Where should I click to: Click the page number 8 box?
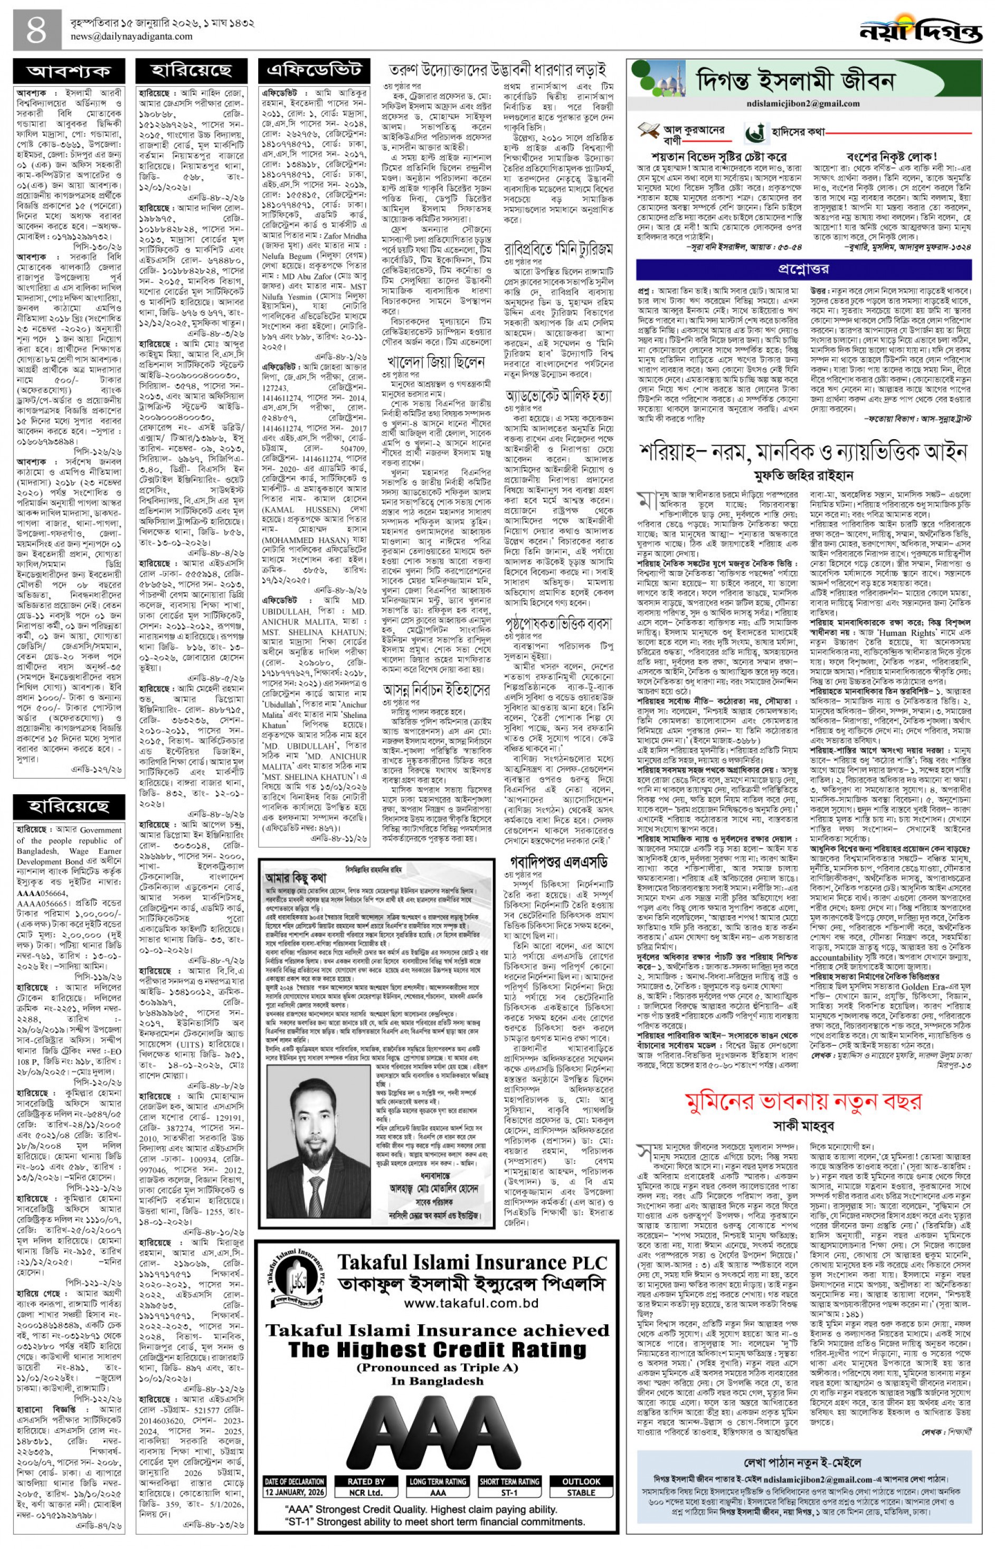click(37, 30)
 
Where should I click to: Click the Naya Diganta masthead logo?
click(921, 30)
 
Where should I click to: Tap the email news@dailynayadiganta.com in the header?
click(131, 37)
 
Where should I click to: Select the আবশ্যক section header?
click(69, 72)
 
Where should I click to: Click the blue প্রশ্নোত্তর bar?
click(803, 268)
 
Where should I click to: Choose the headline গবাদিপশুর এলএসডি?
click(556, 862)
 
